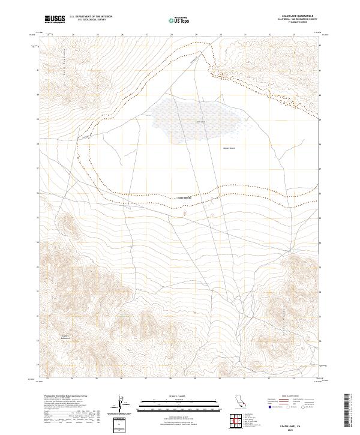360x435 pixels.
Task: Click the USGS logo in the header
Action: coord(55,19)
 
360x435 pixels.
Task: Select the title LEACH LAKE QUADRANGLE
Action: coord(292,16)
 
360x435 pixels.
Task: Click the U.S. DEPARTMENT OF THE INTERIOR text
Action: coord(91,17)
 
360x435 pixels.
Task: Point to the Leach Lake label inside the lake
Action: coord(200,122)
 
